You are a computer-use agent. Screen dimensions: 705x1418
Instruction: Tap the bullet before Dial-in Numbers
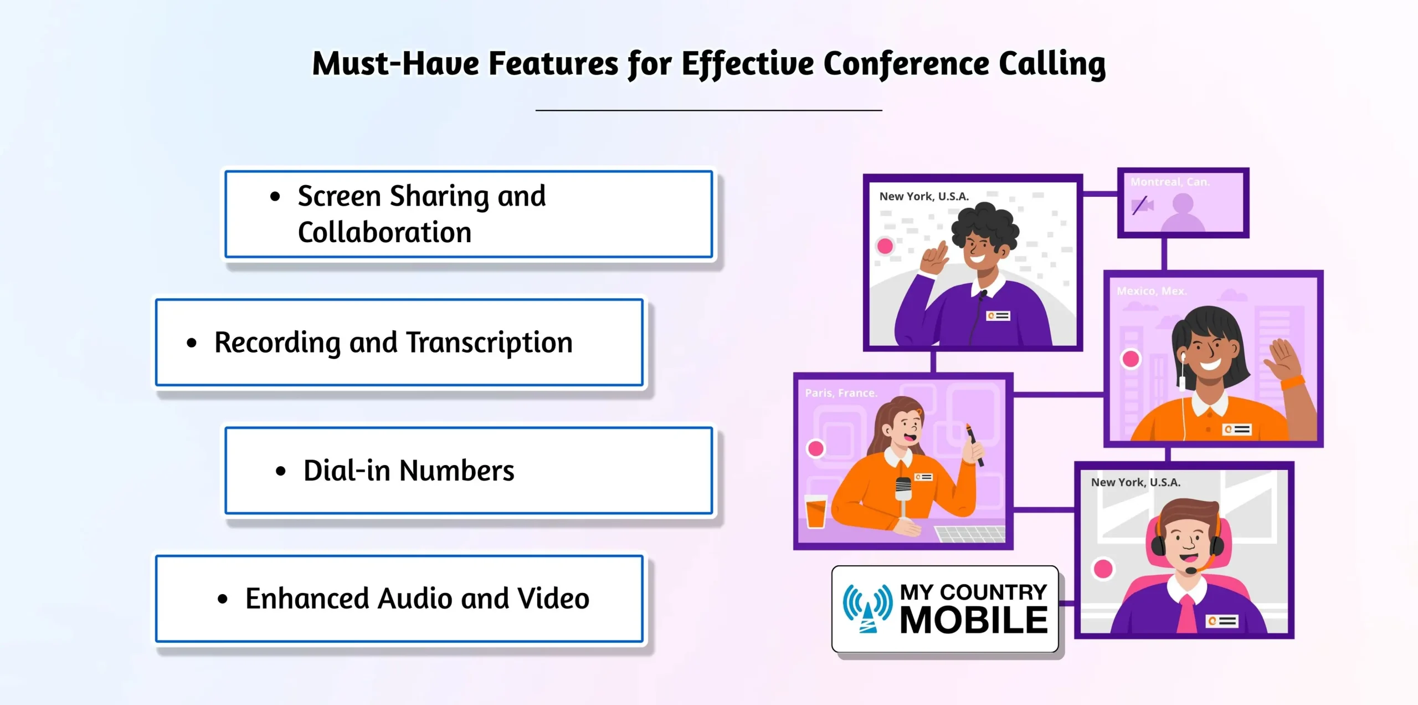coord(281,471)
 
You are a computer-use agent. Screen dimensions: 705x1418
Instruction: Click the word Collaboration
coord(384,232)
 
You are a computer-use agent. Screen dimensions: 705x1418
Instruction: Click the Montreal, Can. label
coord(1170,182)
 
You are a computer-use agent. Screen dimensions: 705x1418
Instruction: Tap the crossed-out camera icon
coord(1142,206)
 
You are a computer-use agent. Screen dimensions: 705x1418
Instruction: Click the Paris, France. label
coord(841,393)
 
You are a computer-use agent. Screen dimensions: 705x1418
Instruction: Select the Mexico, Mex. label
coord(1151,291)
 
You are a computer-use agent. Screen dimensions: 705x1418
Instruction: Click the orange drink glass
coord(815,510)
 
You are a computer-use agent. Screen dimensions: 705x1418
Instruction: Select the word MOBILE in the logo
coord(973,620)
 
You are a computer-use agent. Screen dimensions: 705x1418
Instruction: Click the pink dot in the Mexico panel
coord(1131,359)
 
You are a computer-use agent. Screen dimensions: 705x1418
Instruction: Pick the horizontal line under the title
coord(708,110)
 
